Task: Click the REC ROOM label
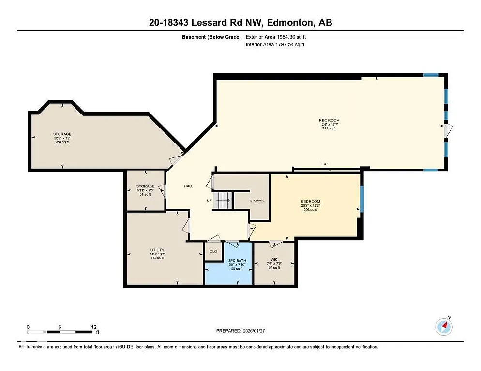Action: (x=329, y=120)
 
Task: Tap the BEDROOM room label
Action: (x=311, y=201)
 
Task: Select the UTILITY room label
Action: (x=157, y=250)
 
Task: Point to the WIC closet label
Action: (x=274, y=259)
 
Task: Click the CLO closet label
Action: (x=213, y=251)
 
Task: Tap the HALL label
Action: (x=189, y=186)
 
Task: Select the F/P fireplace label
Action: (x=324, y=164)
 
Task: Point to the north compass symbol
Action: (x=444, y=327)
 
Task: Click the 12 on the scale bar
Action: (x=93, y=327)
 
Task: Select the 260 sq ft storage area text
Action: (x=62, y=142)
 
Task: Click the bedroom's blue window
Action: (x=361, y=199)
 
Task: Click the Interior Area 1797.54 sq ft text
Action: (x=275, y=45)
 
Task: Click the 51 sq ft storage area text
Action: (x=145, y=195)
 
